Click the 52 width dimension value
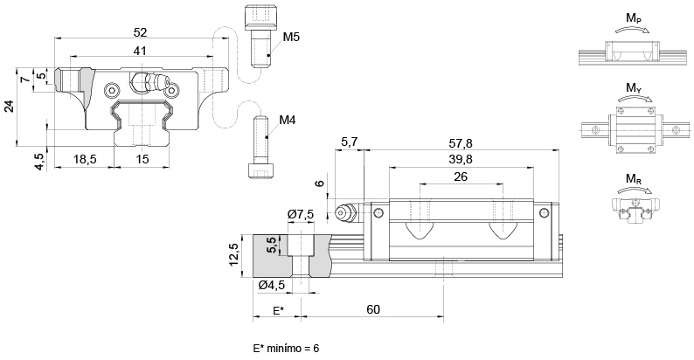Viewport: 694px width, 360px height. pyautogui.click(x=141, y=31)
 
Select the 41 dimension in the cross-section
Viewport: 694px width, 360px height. pyautogui.click(x=140, y=52)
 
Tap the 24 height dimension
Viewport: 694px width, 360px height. pyautogui.click(x=9, y=107)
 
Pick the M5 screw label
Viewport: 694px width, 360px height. pyautogui.click(x=292, y=37)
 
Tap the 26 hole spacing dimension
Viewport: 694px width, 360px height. pyautogui.click(x=462, y=177)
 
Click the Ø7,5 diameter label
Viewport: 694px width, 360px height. pyautogui.click(x=301, y=215)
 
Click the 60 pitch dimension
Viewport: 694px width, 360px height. pyautogui.click(x=373, y=310)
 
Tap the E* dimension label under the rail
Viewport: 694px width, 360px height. pyautogui.click(x=278, y=310)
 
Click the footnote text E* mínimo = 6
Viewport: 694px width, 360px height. pyautogui.click(x=286, y=348)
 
